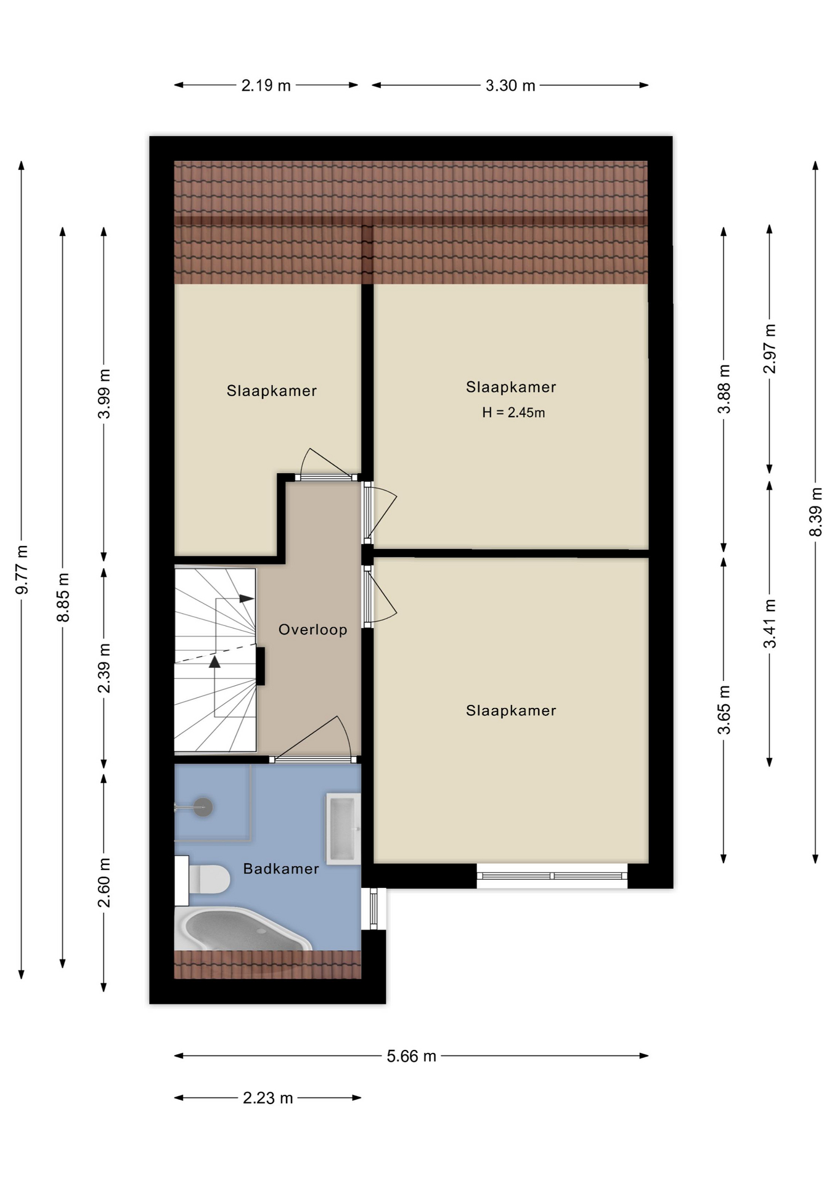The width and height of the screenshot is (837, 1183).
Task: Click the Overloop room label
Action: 312,630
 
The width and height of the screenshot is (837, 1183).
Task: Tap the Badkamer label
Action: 281,869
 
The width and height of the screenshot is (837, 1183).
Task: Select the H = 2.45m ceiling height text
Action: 513,413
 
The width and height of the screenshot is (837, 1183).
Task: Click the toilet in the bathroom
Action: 203,879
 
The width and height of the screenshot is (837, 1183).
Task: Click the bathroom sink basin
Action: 343,829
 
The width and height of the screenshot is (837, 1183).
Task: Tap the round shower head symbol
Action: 203,807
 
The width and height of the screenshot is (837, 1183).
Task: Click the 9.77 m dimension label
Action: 22,569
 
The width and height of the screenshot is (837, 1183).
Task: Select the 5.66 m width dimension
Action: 412,1056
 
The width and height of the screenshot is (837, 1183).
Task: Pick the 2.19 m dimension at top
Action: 266,86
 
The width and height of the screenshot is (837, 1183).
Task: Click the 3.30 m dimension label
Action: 510,86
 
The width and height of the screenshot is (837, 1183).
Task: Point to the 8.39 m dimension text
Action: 815,512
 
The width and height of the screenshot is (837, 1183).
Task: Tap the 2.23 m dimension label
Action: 267,1098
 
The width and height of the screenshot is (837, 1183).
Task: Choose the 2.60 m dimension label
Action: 104,882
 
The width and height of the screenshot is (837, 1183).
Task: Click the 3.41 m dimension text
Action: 770,623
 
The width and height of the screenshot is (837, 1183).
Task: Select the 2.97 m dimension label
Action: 770,348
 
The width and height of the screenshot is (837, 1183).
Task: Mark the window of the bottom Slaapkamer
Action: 552,876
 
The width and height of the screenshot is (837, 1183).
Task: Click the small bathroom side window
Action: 374,909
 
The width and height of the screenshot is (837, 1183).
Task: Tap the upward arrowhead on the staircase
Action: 214,662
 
